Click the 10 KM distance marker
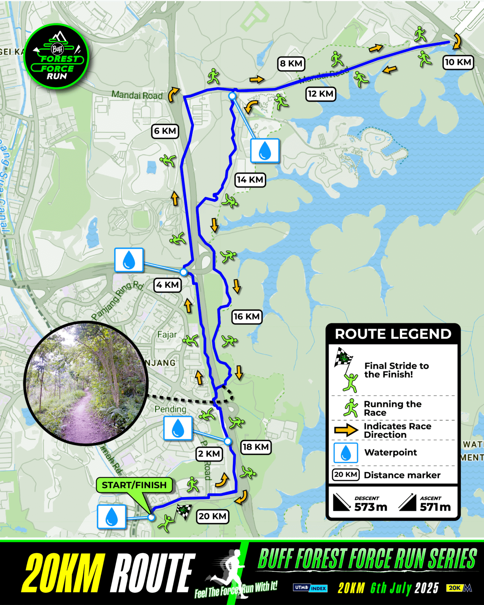coord(458,62)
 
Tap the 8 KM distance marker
coord(291,63)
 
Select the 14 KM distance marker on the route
coord(250,180)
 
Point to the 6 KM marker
coord(165,131)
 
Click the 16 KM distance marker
coord(247,317)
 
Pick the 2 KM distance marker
coord(209,454)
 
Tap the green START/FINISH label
coord(134,485)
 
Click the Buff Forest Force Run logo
coord(57,56)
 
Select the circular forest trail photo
coord(85,383)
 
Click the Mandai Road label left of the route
coord(137,95)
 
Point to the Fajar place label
coord(167,335)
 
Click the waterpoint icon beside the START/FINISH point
coord(112,516)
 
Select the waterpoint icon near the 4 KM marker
coord(129,260)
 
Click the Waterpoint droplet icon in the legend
coord(346,453)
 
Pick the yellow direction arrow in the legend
coord(346,430)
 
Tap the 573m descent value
coord(371,507)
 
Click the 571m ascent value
coord(435,507)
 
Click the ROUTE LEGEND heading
coord(393,334)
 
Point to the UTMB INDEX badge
coord(310,588)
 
